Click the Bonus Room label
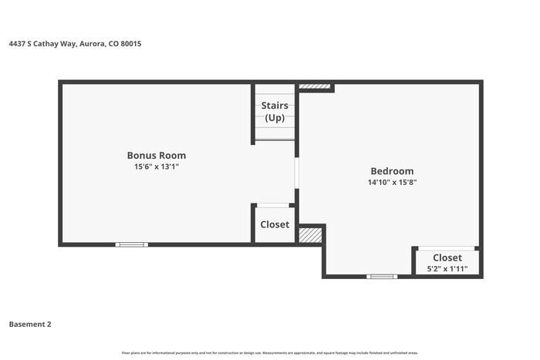(x=157, y=155)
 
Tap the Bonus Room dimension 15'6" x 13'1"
(x=157, y=167)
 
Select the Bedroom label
(x=392, y=171)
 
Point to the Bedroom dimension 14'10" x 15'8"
(x=392, y=183)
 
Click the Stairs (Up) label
(x=275, y=112)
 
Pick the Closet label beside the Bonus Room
(x=275, y=224)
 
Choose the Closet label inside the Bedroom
(x=447, y=257)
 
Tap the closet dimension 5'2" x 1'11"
(x=447, y=269)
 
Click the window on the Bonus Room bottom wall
(x=131, y=244)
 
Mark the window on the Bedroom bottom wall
(x=382, y=276)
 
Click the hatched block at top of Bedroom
(x=314, y=86)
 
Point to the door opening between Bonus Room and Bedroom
(x=297, y=173)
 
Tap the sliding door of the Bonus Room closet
(x=274, y=205)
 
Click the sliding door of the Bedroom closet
(x=446, y=248)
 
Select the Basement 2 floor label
(x=30, y=325)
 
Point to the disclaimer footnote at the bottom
(x=270, y=353)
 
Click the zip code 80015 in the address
(x=130, y=44)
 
